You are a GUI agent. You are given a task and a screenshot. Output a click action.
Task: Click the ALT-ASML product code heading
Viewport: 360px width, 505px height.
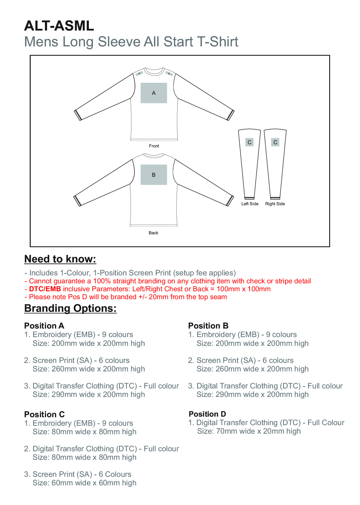[59, 26]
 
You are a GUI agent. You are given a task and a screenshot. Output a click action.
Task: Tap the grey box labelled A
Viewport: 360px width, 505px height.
[154, 93]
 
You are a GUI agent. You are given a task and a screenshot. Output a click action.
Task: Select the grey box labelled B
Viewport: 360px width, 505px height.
[154, 175]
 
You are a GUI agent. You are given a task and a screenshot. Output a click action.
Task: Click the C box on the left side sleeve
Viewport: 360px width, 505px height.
[249, 142]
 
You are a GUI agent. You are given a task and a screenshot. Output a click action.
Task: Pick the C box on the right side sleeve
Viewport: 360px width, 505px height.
[275, 142]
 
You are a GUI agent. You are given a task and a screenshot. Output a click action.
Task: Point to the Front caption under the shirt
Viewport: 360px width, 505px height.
[154, 146]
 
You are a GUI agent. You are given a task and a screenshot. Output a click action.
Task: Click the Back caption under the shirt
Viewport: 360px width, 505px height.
[153, 233]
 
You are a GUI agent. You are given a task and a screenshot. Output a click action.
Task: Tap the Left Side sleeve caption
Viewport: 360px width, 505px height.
[250, 204]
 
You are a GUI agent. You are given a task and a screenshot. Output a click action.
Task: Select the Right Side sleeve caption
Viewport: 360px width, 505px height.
[275, 204]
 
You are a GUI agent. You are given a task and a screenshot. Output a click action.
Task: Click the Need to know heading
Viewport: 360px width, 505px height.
[60, 259]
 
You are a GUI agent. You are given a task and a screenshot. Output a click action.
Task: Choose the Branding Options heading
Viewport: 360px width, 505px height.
[70, 308]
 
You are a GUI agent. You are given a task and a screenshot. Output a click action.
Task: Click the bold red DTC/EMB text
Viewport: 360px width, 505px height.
[45, 289]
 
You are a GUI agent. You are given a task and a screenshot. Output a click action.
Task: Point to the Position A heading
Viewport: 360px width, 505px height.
[44, 326]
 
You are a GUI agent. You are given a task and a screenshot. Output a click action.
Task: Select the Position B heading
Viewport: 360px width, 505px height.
[208, 326]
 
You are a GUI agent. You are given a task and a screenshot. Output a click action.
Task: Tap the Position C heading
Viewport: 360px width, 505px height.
[44, 414]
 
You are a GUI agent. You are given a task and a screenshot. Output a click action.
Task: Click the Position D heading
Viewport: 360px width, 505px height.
[207, 414]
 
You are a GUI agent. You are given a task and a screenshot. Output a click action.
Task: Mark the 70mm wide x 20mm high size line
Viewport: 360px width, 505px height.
[249, 431]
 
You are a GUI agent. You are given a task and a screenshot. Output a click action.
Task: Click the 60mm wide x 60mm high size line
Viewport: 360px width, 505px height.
[84, 483]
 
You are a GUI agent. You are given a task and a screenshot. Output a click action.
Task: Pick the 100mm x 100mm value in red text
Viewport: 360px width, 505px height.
[244, 289]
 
